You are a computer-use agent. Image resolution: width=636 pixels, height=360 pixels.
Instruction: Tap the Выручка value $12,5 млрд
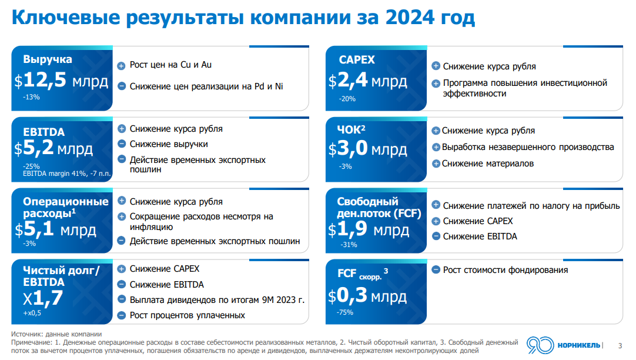[62, 81]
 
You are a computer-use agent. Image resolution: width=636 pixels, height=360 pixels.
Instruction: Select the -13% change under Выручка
[32, 97]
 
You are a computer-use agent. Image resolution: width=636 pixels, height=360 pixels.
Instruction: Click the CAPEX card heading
[357, 60]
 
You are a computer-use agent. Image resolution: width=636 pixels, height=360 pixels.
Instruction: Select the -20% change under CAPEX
[347, 99]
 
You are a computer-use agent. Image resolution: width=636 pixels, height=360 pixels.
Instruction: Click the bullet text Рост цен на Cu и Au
[170, 65]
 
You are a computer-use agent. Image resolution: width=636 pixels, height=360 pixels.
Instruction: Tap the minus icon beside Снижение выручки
[122, 144]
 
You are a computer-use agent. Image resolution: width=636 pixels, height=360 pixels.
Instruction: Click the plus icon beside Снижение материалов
[436, 164]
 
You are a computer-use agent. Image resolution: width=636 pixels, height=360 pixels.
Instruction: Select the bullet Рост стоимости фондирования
[506, 270]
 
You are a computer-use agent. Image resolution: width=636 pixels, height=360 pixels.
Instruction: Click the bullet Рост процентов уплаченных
[187, 316]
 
